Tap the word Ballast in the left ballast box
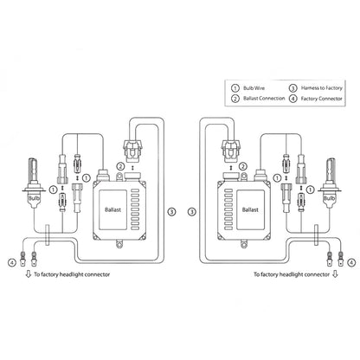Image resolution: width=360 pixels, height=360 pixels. pos(129,210)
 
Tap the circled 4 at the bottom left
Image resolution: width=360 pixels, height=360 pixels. pos(11,261)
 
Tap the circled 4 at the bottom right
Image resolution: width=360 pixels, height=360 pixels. pos(350,261)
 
